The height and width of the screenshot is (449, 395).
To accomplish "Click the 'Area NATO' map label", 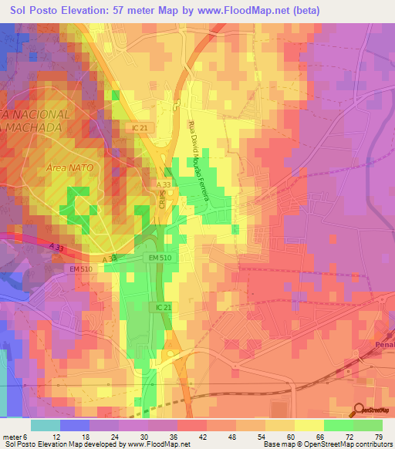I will [x=66, y=167].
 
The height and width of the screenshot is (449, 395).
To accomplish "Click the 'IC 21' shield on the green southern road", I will [x=157, y=306].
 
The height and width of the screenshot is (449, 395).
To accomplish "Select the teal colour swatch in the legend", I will [x=46, y=425].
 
